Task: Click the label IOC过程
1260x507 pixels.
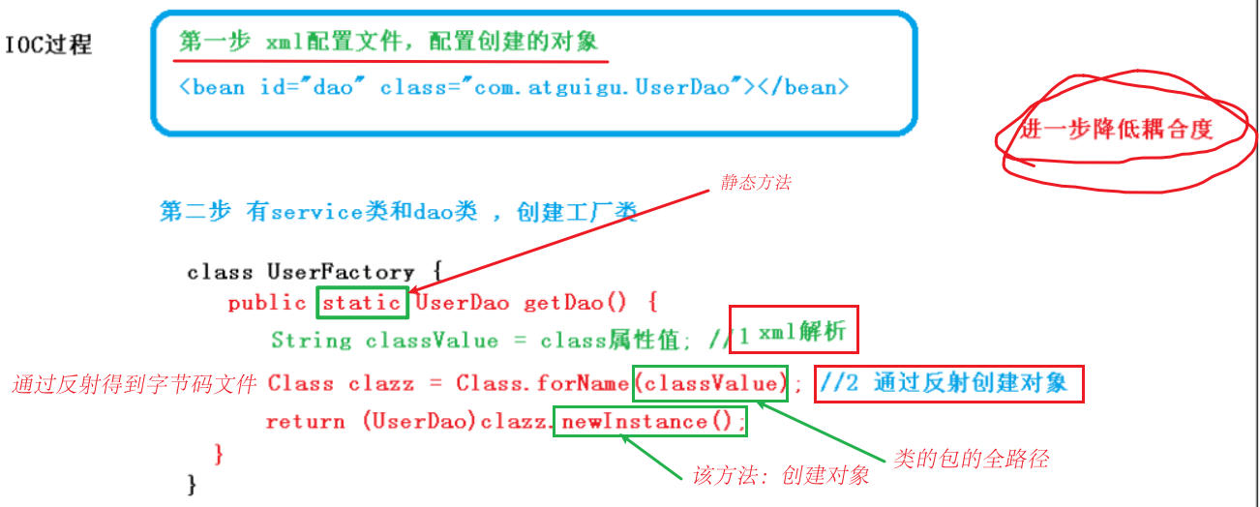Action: click(x=49, y=45)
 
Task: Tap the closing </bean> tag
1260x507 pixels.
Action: click(x=804, y=87)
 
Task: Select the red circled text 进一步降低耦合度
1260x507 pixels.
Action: click(x=1115, y=129)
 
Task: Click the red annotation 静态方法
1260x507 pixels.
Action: click(x=755, y=182)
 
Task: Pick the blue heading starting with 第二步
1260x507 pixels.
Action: click(x=397, y=213)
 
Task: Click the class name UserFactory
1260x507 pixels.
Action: click(x=341, y=272)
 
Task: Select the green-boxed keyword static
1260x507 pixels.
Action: click(x=362, y=303)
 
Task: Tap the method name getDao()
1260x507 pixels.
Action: click(x=576, y=303)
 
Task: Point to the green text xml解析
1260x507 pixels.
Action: click(x=802, y=333)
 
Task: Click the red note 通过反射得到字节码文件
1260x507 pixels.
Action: click(x=134, y=384)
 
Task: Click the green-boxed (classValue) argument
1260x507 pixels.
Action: click(x=711, y=383)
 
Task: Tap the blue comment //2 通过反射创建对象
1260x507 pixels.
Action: click(x=946, y=383)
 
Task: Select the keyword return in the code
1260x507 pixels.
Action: click(x=305, y=422)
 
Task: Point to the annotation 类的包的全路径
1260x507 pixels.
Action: click(x=971, y=459)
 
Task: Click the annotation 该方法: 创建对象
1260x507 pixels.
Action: click(x=781, y=475)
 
